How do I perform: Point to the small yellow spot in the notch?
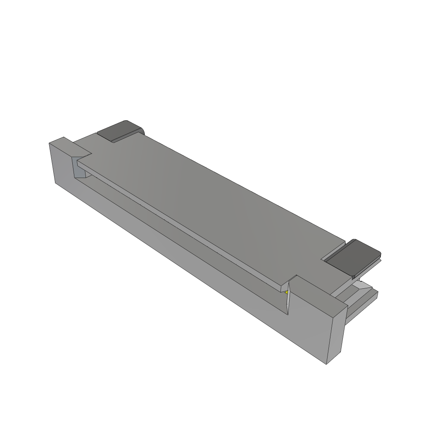tap(286, 292)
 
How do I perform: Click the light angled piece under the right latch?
tap(364, 285)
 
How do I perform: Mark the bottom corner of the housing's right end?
tap(327, 364)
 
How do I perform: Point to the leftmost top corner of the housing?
tap(49, 143)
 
